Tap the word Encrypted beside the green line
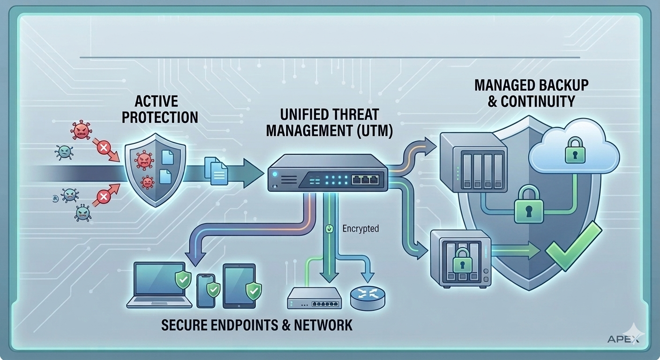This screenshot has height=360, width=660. pos(360,229)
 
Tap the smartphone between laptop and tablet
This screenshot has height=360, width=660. pos(206,291)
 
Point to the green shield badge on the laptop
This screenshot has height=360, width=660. pos(182,280)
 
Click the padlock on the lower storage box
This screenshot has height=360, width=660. pos(463,259)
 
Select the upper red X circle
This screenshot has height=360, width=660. pos(103,149)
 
